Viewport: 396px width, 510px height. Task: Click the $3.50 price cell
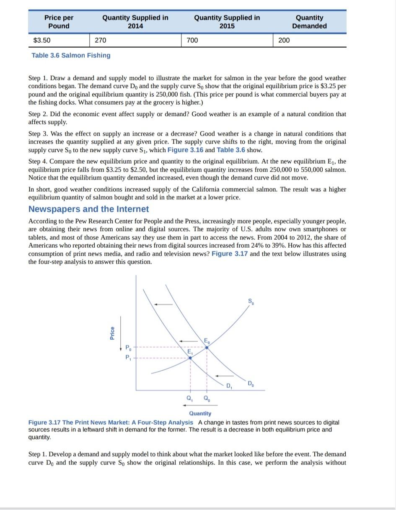42,40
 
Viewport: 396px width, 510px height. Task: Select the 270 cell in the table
101,40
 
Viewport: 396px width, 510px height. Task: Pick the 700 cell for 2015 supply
192,40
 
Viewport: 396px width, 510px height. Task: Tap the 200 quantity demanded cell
284,40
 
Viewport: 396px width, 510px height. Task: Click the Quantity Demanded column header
309,22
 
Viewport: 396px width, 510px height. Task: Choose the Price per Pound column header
59,22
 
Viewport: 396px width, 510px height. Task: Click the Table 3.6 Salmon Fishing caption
71,55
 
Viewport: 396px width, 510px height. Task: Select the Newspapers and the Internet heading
88,209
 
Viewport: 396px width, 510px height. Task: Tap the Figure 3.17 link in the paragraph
229,254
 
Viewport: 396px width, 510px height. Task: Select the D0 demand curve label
250,383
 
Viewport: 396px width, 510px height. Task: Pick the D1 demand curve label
229,386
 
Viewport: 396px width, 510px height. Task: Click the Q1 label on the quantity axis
189,398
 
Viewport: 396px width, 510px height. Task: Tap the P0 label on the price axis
128,347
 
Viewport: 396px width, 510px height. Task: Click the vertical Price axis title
112,333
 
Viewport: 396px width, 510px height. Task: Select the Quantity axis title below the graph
200,413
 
